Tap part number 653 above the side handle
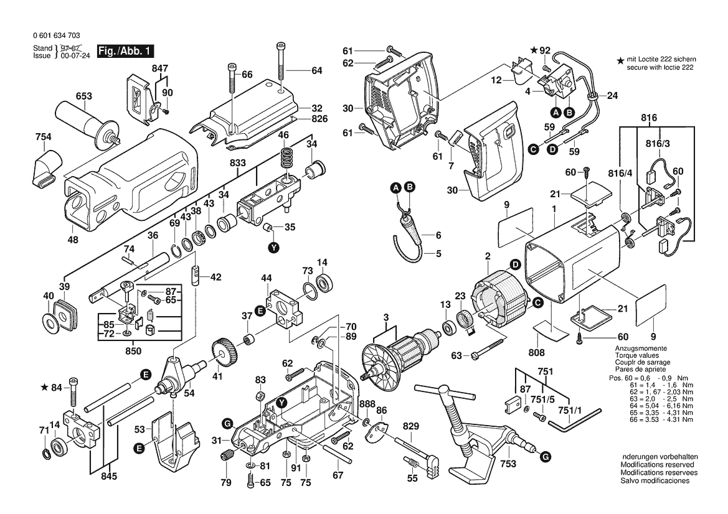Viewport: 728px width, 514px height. click(x=83, y=96)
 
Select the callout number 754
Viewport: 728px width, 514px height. click(x=44, y=137)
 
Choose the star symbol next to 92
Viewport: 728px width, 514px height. click(x=534, y=50)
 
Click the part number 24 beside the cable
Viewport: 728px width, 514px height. click(x=612, y=96)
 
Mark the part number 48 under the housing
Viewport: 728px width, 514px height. click(x=73, y=240)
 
